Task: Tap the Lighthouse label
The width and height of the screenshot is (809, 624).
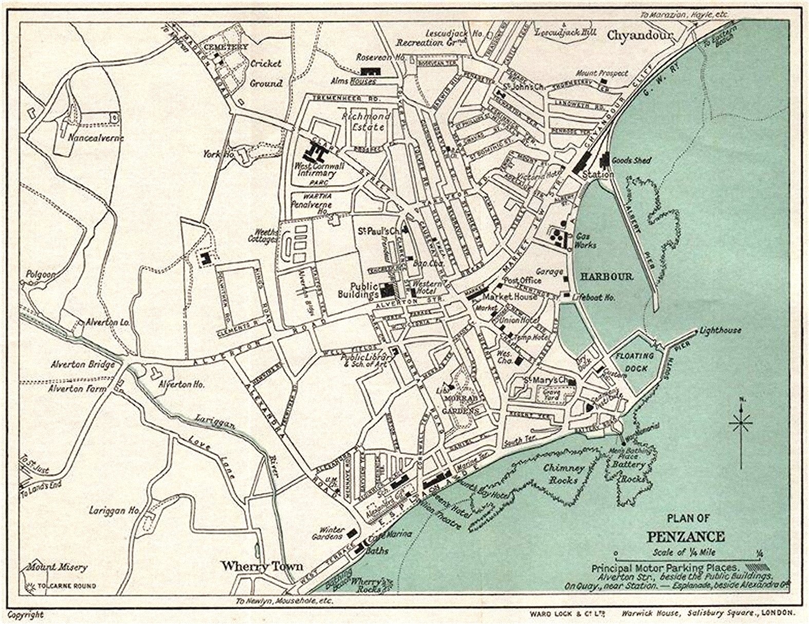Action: click(x=720, y=330)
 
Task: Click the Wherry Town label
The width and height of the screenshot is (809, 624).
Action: click(x=262, y=566)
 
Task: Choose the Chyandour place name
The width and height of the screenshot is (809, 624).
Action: click(x=640, y=35)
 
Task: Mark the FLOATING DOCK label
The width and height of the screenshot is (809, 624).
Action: click(x=635, y=362)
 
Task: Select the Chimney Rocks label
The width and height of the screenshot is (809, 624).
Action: click(x=564, y=474)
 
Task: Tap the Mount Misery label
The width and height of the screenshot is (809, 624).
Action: click(x=57, y=568)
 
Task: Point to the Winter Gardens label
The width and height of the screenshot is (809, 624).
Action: click(x=332, y=533)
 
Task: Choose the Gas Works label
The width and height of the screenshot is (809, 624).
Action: click(x=585, y=240)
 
